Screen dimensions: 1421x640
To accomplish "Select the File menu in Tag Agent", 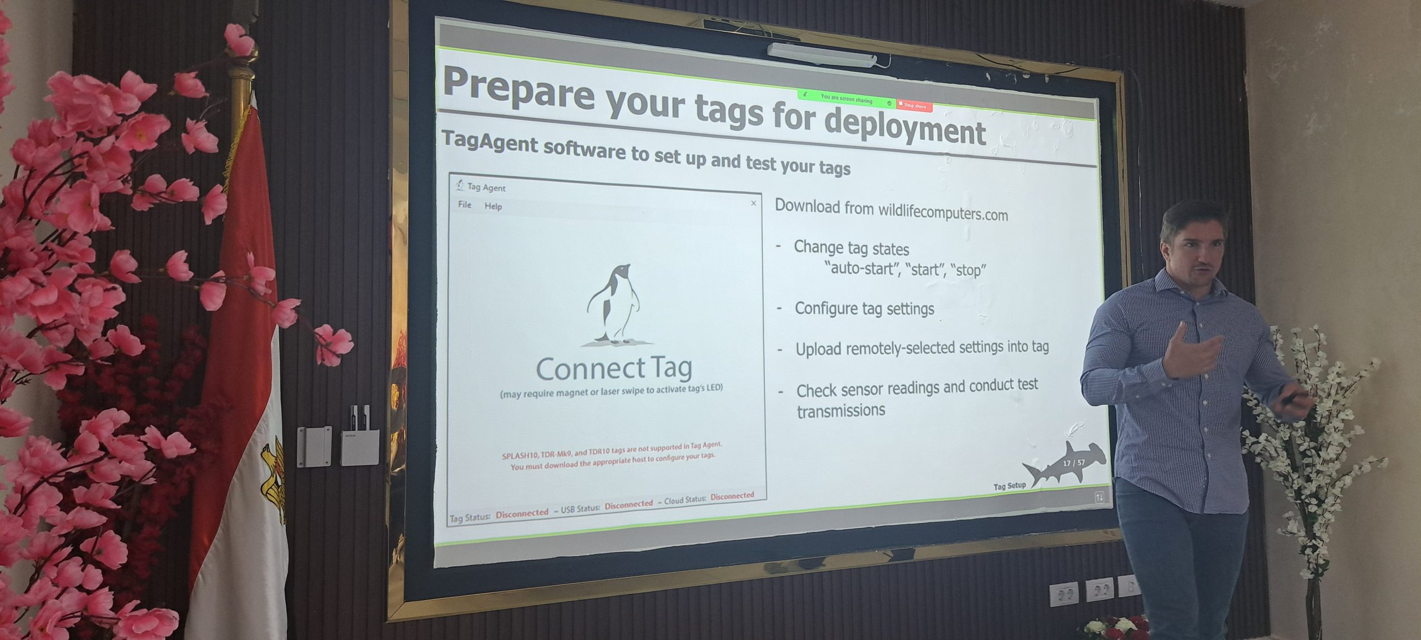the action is tap(465, 205).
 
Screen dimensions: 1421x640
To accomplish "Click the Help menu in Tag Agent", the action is tap(493, 206).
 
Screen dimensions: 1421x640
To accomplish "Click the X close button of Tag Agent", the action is tap(753, 204).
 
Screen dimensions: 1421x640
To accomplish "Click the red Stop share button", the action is tap(914, 105).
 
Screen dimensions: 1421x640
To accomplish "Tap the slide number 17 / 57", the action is tap(1074, 463).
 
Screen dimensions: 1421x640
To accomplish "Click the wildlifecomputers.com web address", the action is tap(943, 212).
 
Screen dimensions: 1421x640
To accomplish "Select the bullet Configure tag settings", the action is tap(864, 309).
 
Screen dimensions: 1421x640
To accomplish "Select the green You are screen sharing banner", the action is tap(846, 99).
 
